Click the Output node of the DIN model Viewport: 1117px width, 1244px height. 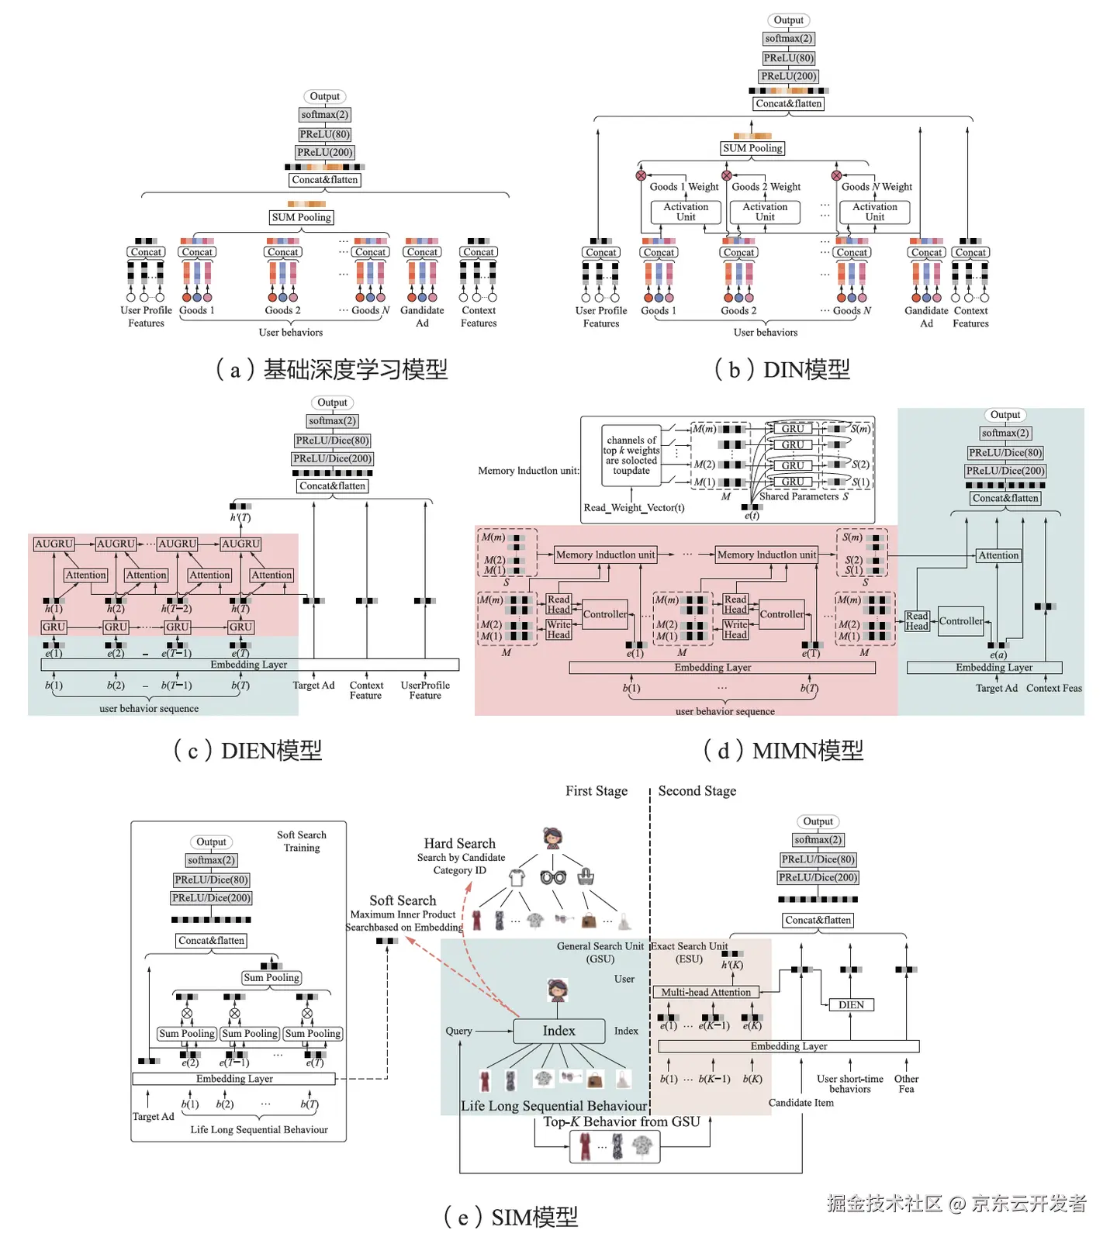click(788, 20)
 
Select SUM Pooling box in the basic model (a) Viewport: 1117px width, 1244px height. click(302, 217)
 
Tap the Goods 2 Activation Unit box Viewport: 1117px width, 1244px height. click(765, 212)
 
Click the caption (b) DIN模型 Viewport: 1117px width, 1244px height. click(782, 369)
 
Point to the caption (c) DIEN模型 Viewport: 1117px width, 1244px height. click(247, 750)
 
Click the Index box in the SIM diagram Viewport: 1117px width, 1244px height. click(558, 1031)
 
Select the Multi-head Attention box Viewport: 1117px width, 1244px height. click(705, 992)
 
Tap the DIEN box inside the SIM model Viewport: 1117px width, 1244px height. click(851, 1004)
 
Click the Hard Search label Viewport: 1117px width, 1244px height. click(459, 843)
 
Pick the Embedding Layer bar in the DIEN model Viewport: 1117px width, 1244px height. click(249, 665)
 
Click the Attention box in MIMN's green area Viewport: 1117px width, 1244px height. click(998, 555)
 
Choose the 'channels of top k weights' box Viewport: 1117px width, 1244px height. click(631, 455)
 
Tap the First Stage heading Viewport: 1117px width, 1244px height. click(597, 790)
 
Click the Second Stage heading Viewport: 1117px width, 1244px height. click(697, 790)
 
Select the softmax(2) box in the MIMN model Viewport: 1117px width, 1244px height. click(1005, 433)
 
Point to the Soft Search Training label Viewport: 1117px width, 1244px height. click(302, 841)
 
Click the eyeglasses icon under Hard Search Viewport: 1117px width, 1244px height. click(553, 877)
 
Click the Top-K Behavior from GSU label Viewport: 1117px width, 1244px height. click(621, 1121)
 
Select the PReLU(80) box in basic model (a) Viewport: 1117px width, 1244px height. click(325, 134)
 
